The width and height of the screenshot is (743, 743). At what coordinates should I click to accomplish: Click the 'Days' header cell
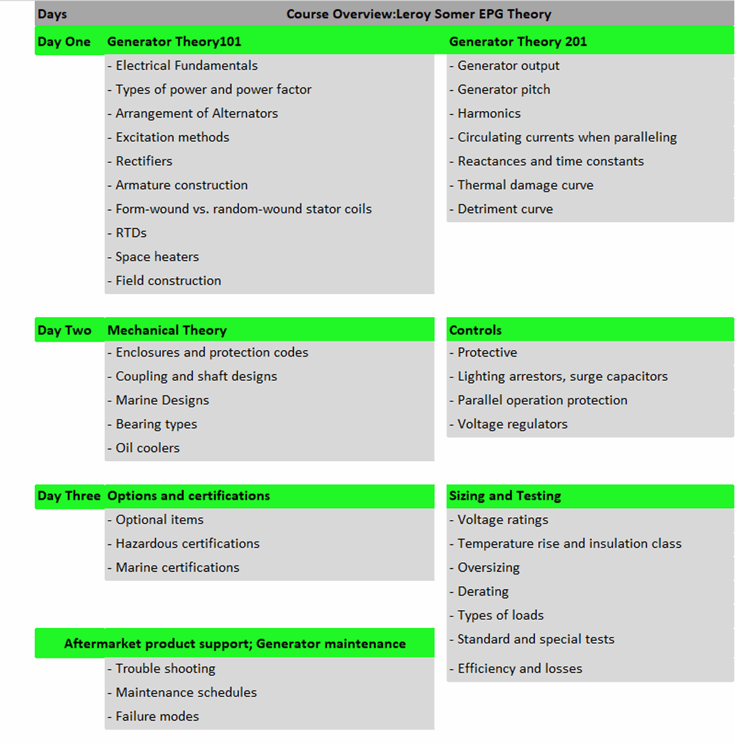[52, 14]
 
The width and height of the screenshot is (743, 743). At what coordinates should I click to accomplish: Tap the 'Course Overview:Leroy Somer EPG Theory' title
[419, 14]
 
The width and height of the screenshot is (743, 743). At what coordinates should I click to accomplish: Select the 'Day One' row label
[64, 41]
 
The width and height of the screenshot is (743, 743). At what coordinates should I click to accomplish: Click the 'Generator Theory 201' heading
[518, 41]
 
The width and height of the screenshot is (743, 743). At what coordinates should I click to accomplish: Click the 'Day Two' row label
[64, 330]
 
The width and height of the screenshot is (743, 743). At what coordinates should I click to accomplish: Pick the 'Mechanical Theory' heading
[167, 330]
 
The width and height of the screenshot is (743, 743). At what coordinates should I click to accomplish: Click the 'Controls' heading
[476, 330]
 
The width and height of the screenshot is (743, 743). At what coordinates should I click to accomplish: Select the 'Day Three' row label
[69, 496]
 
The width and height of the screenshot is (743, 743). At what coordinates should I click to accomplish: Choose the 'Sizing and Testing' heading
[505, 496]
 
